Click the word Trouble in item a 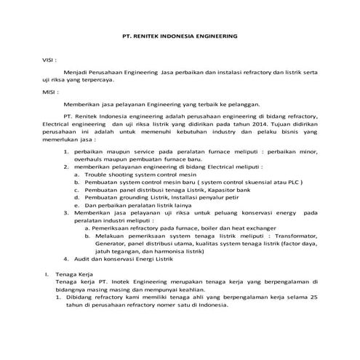pos(101,175)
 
